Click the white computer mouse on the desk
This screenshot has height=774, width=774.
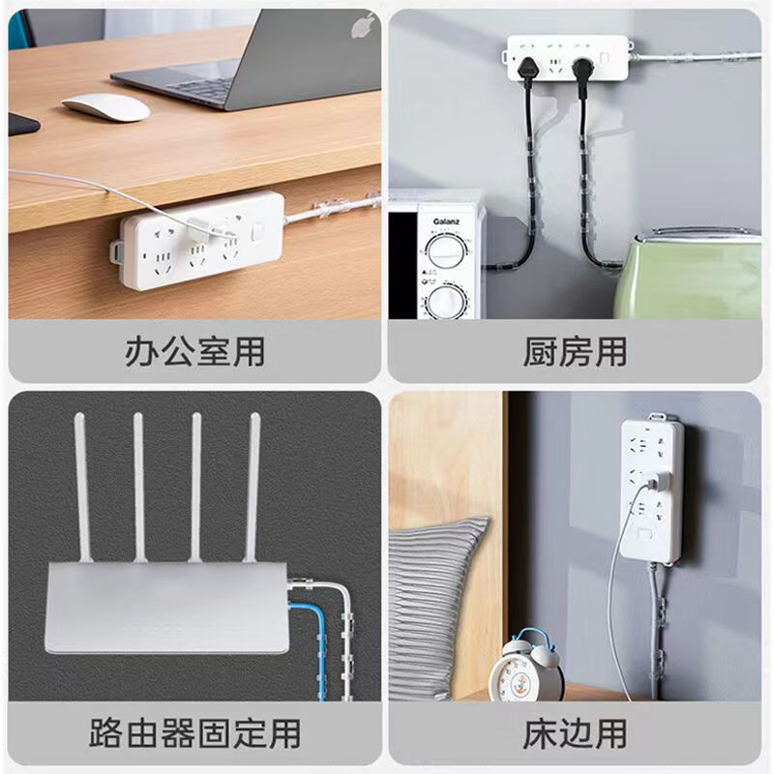106,106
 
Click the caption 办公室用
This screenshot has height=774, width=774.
194,351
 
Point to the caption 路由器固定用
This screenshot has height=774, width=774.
194,732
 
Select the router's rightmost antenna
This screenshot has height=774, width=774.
256,484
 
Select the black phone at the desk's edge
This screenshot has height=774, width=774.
21,123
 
